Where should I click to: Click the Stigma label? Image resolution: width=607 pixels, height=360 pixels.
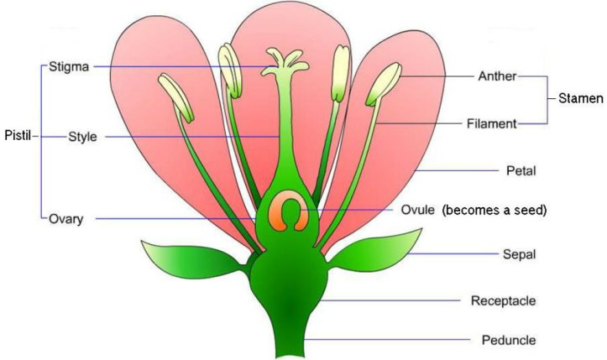click(x=68, y=66)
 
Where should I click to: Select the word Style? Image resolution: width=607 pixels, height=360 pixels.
click(x=82, y=138)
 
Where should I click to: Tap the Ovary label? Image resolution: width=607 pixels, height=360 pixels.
click(x=71, y=218)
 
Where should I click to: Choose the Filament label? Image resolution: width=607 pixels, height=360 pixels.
click(x=492, y=124)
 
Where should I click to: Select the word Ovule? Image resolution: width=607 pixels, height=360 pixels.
click(x=416, y=210)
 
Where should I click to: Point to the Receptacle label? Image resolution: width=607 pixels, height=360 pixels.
click(x=503, y=300)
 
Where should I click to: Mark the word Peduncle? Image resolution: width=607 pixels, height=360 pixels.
click(x=509, y=340)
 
